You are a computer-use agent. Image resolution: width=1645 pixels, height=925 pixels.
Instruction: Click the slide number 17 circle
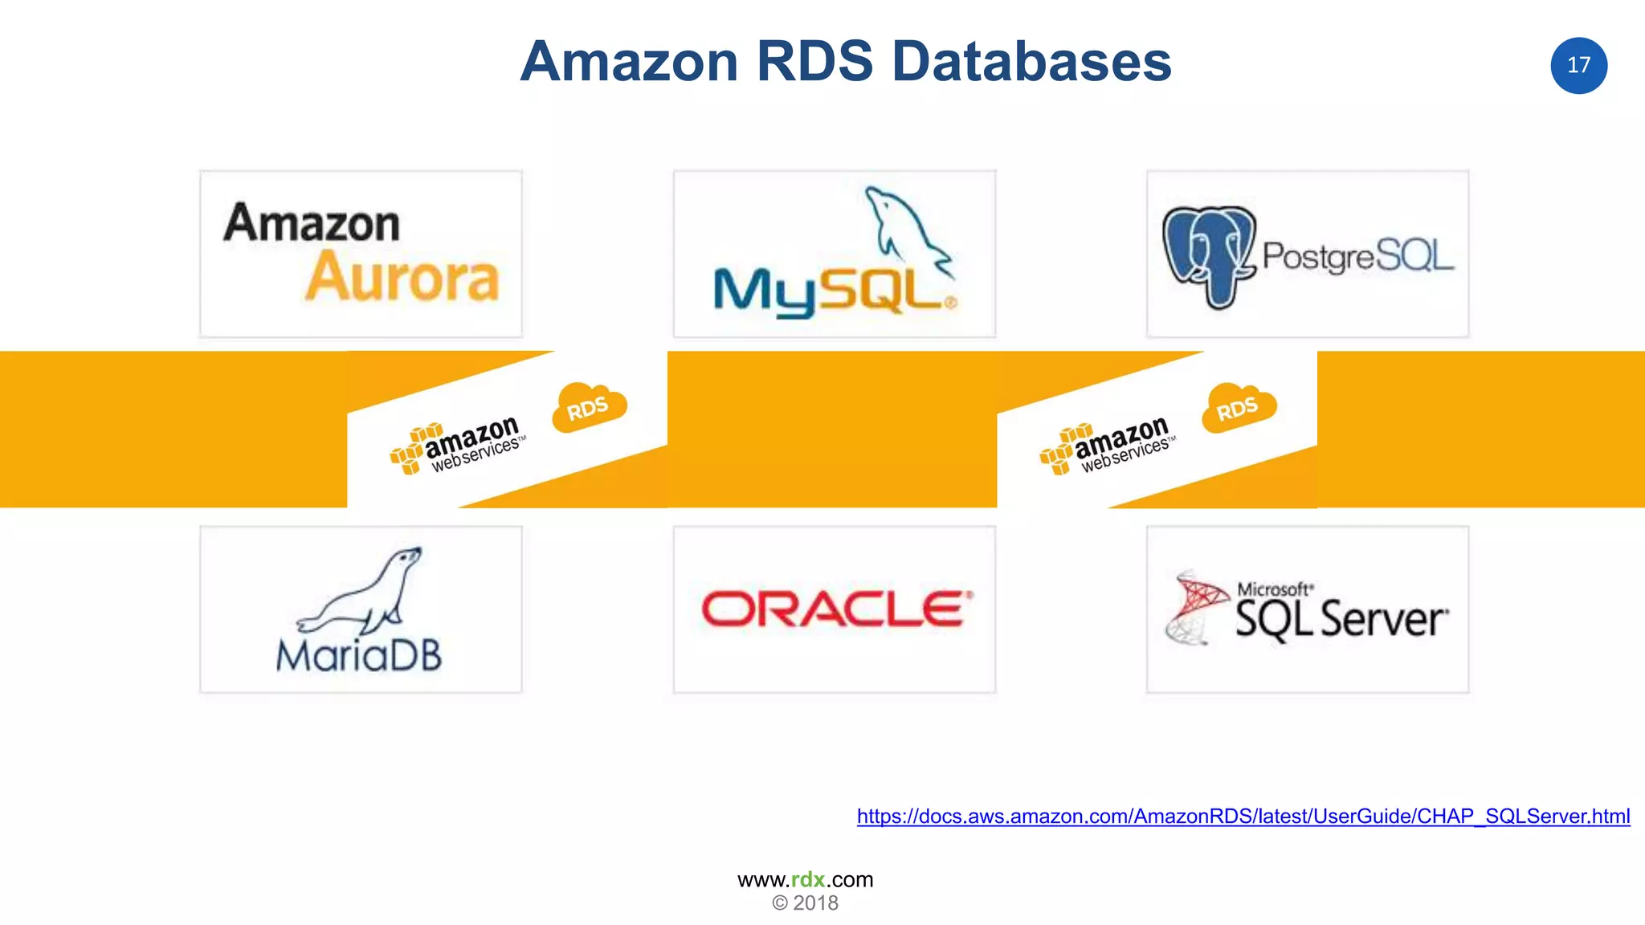pyautogui.click(x=1578, y=65)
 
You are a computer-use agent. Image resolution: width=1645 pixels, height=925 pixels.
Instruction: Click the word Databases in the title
pyautogui.click(x=1031, y=62)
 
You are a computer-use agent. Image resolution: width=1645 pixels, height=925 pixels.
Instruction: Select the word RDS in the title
pyautogui.click(x=814, y=62)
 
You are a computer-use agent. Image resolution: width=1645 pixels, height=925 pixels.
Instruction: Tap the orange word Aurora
pyautogui.click(x=402, y=278)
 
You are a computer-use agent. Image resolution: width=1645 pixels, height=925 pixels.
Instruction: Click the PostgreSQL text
pyautogui.click(x=1357, y=256)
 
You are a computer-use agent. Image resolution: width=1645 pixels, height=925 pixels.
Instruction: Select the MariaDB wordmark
pyautogui.click(x=359, y=656)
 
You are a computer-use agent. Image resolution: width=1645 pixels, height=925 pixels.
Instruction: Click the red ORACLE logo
pyautogui.click(x=836, y=609)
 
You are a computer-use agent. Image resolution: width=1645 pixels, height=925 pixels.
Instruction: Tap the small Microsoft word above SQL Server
pyautogui.click(x=1274, y=589)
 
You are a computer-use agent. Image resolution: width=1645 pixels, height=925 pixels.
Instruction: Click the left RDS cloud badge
pyautogui.click(x=589, y=408)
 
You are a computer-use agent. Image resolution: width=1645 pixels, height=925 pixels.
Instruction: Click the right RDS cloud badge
pyautogui.click(x=1238, y=408)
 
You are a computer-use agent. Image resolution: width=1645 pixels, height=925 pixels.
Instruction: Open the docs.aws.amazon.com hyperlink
pyautogui.click(x=1243, y=817)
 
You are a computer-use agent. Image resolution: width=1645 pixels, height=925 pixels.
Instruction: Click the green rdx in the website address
pyautogui.click(x=807, y=879)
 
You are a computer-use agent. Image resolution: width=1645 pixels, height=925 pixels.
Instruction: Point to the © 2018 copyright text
pyautogui.click(x=805, y=903)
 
